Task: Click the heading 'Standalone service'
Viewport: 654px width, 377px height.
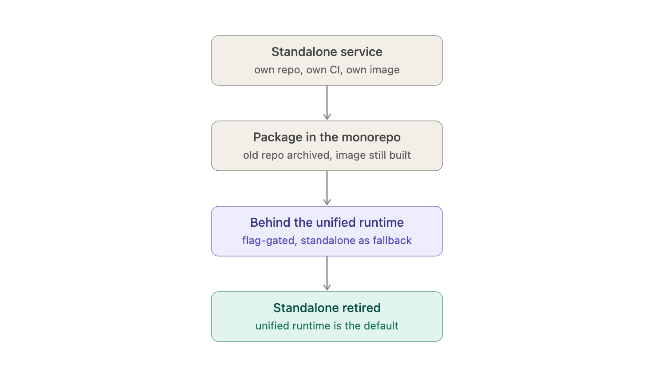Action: click(x=327, y=52)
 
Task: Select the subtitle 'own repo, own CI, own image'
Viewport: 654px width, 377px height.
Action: click(x=327, y=70)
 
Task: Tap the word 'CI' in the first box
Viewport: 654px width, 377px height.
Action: click(x=336, y=70)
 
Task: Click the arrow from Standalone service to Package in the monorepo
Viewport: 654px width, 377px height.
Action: click(x=327, y=103)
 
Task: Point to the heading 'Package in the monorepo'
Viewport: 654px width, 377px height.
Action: click(x=327, y=137)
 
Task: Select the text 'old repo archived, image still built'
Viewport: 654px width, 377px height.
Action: click(x=327, y=155)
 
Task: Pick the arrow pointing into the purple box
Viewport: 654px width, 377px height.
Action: click(x=327, y=188)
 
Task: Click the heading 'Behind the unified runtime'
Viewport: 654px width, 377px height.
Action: click(x=327, y=222)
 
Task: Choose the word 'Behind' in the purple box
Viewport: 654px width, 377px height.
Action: click(x=271, y=222)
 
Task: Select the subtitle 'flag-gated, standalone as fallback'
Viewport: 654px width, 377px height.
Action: click(x=327, y=241)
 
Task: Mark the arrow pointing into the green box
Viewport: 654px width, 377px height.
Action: click(x=327, y=273)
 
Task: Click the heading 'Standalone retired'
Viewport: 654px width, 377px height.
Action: click(x=327, y=308)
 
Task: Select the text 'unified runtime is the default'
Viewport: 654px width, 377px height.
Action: click(x=327, y=326)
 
